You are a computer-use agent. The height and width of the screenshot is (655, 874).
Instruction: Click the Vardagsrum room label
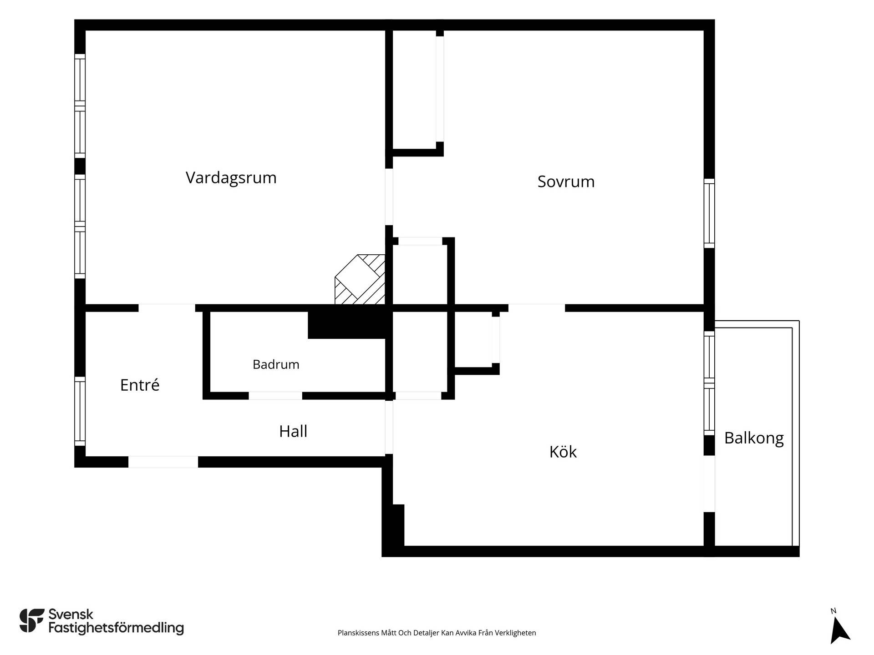231,178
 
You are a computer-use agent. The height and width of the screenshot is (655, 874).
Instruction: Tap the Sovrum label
566,181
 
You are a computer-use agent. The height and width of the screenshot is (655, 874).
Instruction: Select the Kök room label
563,452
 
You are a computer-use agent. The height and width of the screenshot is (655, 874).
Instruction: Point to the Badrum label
276,364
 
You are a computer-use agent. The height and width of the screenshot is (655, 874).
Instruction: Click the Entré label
140,385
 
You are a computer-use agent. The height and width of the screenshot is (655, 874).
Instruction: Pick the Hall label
293,431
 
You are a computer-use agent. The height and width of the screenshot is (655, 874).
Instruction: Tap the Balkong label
754,438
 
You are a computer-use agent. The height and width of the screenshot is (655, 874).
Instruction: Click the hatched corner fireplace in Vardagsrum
360,279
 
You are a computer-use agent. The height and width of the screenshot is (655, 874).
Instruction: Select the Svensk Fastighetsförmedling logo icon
32,620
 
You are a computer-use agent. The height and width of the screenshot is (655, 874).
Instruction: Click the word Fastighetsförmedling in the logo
116,628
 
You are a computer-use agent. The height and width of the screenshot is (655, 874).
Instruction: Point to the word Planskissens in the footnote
358,633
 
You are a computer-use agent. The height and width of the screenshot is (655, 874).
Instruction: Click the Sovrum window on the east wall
709,213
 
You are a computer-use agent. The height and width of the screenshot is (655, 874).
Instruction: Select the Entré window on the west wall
80,411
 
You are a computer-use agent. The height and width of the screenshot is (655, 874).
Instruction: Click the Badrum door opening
275,396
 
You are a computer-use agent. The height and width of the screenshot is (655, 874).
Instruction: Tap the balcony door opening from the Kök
709,484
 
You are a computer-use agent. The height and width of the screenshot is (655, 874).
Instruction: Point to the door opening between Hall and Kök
389,427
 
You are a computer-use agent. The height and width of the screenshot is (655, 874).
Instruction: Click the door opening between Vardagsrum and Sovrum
389,197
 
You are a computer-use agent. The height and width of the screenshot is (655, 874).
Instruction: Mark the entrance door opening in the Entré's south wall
163,462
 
